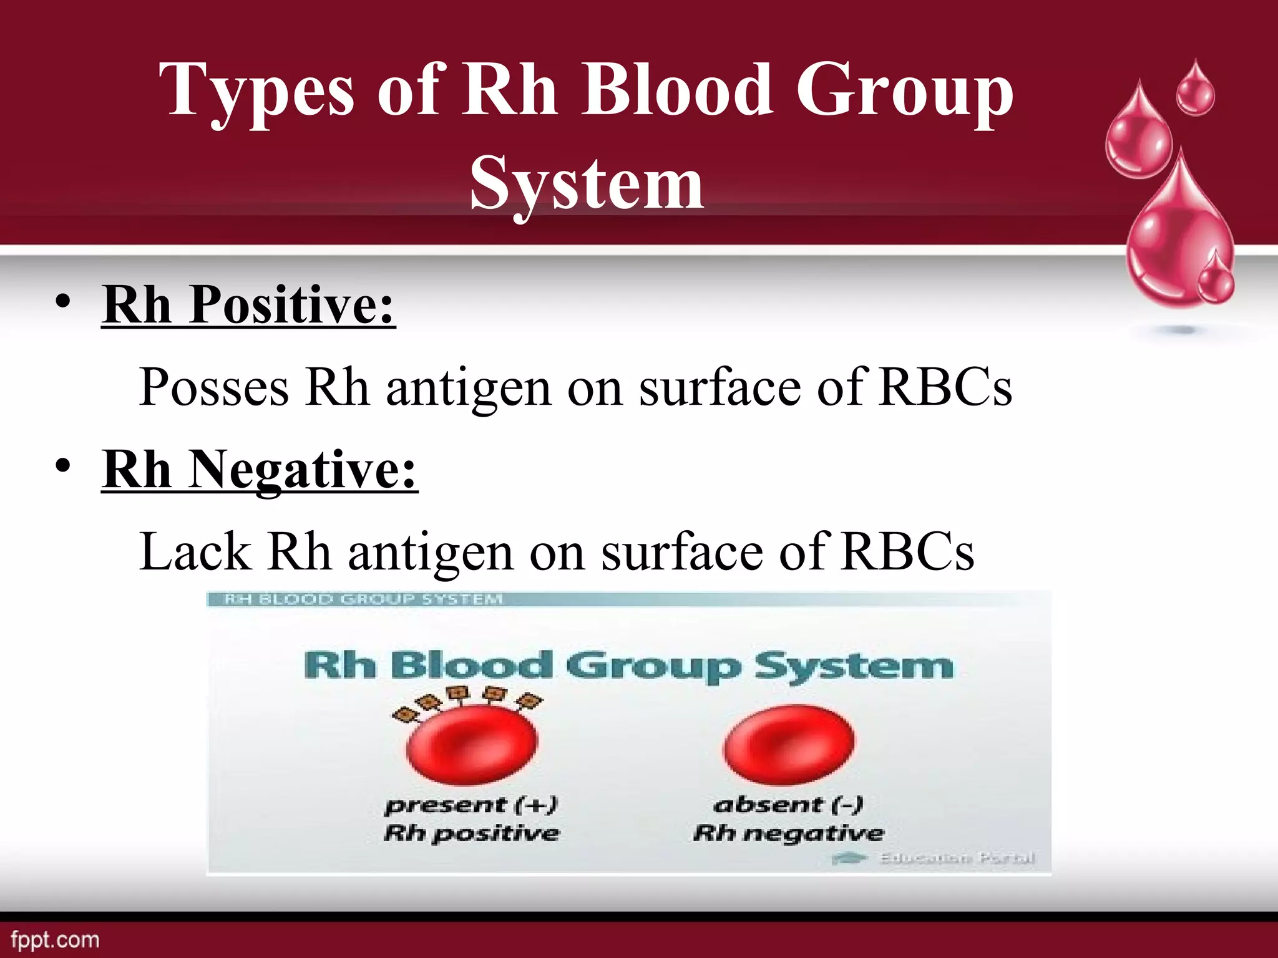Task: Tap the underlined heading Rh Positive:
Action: click(x=248, y=305)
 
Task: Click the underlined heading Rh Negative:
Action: click(x=260, y=470)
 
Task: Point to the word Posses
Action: click(x=213, y=387)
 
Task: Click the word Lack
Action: click(x=195, y=552)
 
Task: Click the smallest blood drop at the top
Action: click(x=1196, y=90)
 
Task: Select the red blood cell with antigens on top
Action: click(x=471, y=745)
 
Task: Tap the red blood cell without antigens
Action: click(x=789, y=744)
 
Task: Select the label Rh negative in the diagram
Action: click(x=789, y=833)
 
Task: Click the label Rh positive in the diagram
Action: click(x=471, y=833)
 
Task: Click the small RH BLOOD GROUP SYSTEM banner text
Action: click(x=363, y=599)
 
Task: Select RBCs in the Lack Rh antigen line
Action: click(x=907, y=552)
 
